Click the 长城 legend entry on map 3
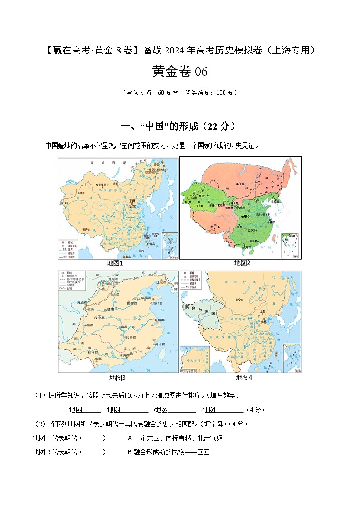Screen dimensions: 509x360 69,288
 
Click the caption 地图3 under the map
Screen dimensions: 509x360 117,377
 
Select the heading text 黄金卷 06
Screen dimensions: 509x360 180,72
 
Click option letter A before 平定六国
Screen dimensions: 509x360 130,438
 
